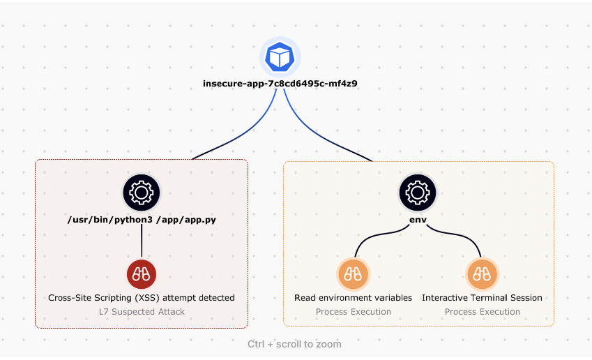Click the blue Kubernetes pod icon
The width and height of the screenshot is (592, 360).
click(280, 57)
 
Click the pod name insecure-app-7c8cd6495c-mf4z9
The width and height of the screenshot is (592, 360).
click(280, 84)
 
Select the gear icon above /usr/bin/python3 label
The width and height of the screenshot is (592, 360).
click(142, 192)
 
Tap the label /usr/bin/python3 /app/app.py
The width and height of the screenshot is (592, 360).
click(142, 220)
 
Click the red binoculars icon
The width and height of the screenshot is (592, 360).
click(142, 274)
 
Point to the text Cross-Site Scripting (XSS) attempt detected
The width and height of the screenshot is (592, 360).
click(142, 298)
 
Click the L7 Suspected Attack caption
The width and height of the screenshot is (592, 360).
click(142, 311)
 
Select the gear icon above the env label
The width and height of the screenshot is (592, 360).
click(417, 192)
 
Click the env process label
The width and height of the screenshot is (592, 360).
click(418, 220)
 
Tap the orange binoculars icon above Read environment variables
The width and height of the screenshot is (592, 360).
click(353, 274)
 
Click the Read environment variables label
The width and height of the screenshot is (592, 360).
click(353, 298)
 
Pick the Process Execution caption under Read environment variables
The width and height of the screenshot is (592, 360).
click(353, 311)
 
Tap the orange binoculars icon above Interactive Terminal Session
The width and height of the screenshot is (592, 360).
click(482, 274)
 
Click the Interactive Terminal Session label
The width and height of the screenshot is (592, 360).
click(482, 298)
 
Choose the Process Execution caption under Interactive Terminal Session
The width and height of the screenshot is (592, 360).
click(482, 311)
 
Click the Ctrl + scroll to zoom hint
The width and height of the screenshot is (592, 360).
click(294, 344)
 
